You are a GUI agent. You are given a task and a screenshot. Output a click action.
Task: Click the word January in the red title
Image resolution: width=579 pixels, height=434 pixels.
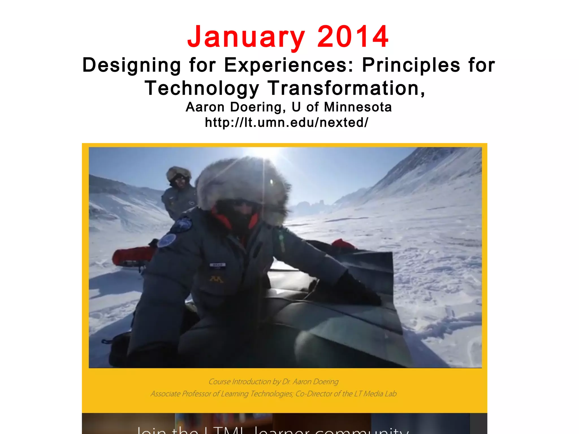(246, 37)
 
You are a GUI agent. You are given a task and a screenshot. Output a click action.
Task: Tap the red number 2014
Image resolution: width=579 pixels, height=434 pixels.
(353, 37)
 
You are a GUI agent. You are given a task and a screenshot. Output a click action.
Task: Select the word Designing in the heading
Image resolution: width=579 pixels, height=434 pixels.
(131, 65)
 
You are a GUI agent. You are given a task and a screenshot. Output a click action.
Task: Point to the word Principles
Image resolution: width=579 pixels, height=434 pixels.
(411, 65)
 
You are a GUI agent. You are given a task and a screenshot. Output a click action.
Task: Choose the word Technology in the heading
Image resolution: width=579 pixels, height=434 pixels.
(202, 88)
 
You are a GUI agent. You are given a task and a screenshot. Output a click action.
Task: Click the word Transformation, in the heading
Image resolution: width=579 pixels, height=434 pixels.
(346, 88)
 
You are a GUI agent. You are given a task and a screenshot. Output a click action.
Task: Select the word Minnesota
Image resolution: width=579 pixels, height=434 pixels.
(358, 107)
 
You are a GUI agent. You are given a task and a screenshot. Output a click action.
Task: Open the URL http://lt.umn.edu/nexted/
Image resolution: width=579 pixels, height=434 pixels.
(287, 122)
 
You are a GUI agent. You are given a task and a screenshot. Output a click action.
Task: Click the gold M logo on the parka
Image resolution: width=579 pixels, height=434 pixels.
(216, 279)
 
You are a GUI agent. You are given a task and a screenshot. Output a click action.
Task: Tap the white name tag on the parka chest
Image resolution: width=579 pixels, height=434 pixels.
(217, 265)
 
